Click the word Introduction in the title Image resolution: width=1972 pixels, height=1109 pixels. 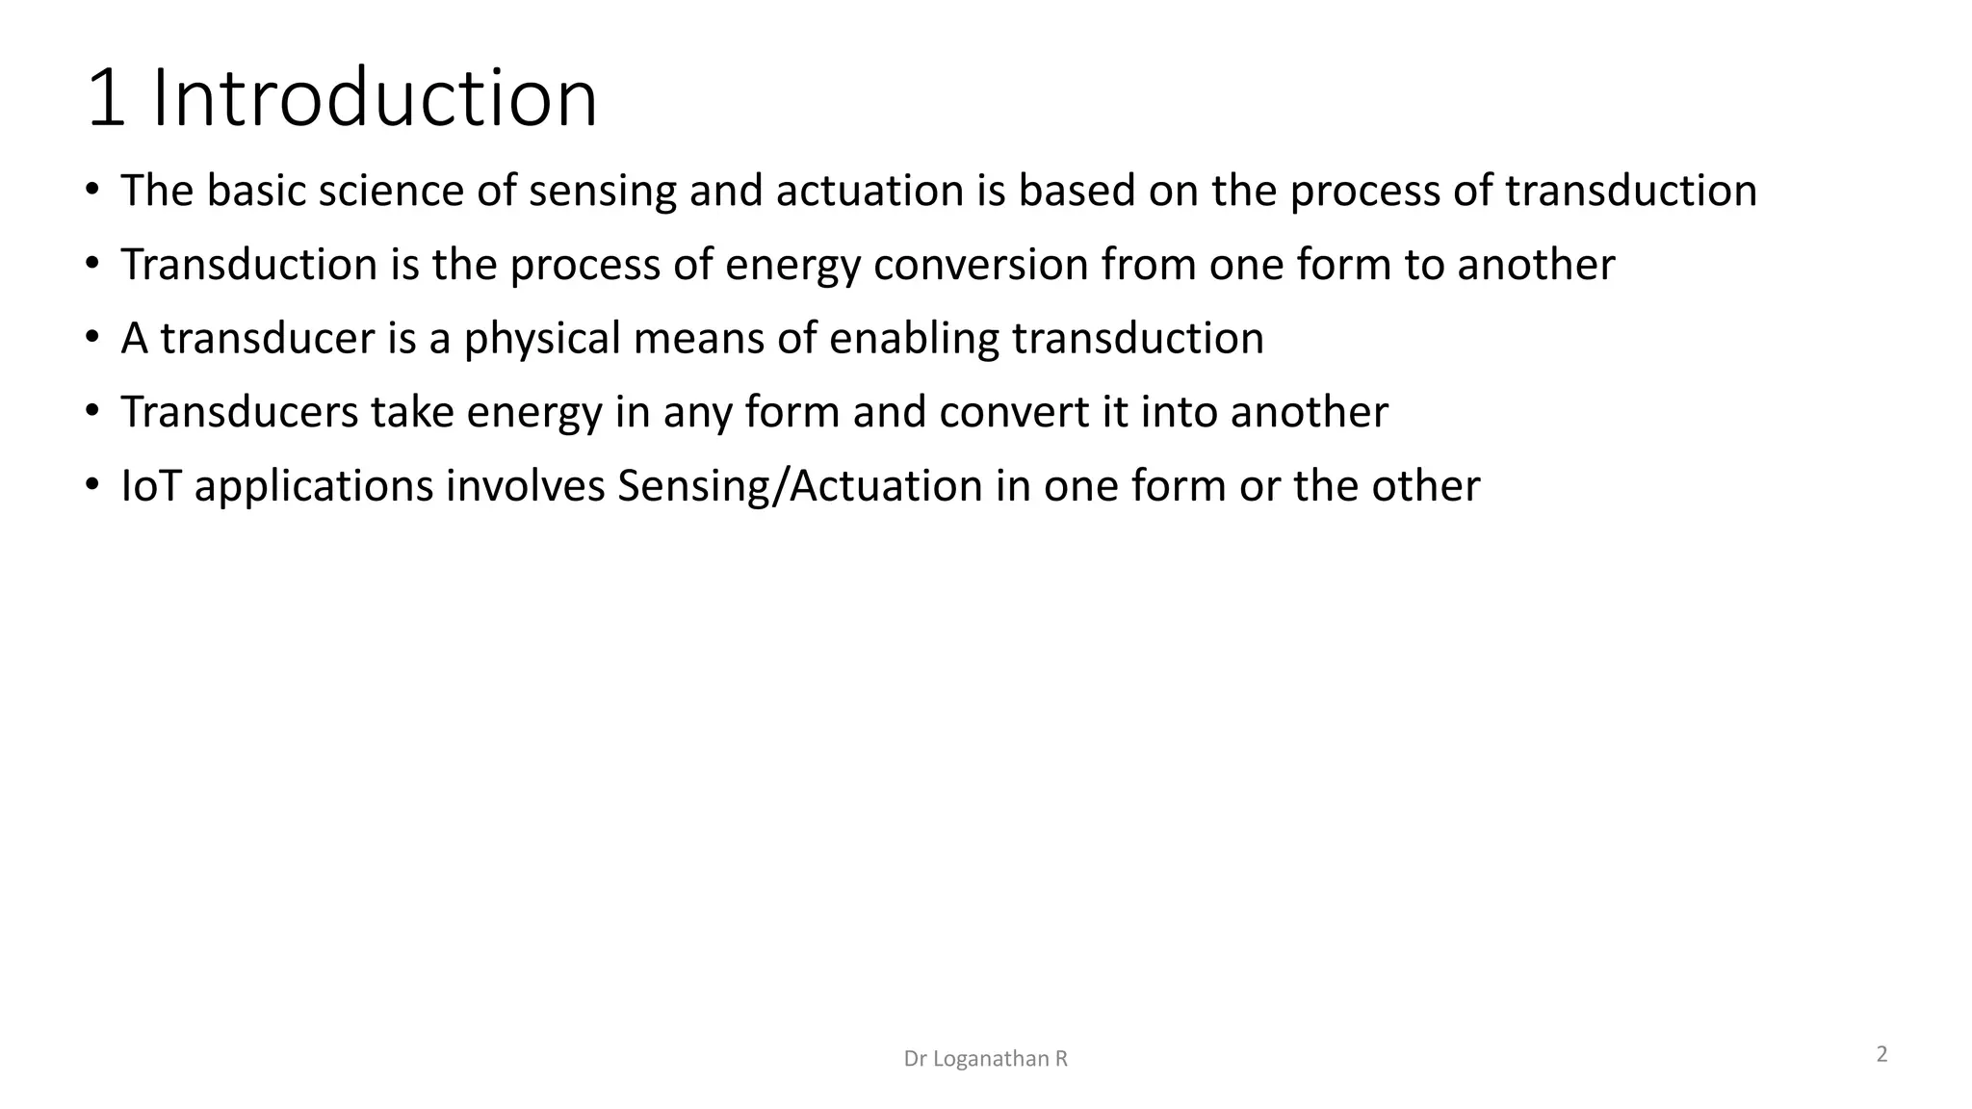point(375,98)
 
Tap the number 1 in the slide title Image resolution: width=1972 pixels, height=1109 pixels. point(106,98)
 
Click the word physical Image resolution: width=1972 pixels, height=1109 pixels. point(542,339)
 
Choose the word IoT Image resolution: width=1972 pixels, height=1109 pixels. point(151,486)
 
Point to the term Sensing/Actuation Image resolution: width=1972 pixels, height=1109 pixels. point(799,487)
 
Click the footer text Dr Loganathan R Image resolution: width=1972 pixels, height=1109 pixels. point(986,1059)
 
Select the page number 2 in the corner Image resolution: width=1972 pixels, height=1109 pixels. point(1881,1054)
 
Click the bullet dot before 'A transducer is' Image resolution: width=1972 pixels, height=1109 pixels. point(91,338)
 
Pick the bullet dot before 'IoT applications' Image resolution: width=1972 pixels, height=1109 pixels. point(91,485)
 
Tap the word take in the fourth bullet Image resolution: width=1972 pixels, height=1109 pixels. point(412,412)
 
